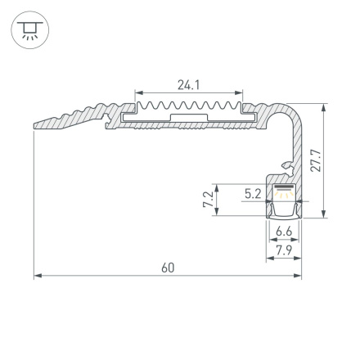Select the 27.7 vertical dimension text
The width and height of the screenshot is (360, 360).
[316, 160]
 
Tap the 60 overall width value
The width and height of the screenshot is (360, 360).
[168, 268]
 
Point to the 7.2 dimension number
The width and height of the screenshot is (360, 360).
[208, 199]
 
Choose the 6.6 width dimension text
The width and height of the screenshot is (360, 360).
[283, 232]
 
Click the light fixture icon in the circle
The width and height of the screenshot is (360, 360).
[30, 30]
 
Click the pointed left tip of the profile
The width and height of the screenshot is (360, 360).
[36, 127]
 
